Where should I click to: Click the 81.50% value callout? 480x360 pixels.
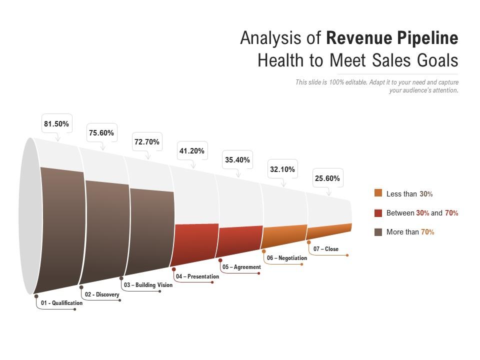tap(56, 124)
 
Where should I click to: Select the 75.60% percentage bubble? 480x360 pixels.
tap(101, 133)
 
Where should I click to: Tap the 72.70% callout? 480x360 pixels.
tap(146, 142)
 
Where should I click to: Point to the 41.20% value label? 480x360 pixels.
tap(192, 151)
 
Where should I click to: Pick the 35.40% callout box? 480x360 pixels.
tap(237, 160)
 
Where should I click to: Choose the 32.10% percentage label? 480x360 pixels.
tap(282, 169)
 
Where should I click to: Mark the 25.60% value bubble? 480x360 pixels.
tap(327, 178)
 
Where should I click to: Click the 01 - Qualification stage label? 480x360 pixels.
tap(61, 303)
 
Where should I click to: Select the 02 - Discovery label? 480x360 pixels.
tap(102, 294)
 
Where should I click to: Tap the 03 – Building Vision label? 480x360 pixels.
tap(148, 285)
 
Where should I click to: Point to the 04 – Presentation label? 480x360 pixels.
tap(197, 276)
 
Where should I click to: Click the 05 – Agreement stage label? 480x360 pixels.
tap(241, 267)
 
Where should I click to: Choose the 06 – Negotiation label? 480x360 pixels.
tap(286, 258)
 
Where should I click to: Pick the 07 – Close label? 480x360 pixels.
tap(326, 249)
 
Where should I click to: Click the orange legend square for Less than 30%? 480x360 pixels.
tap(378, 193)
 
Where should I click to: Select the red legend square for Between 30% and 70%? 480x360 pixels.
tap(378, 213)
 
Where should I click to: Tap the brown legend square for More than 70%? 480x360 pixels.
tap(378, 232)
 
